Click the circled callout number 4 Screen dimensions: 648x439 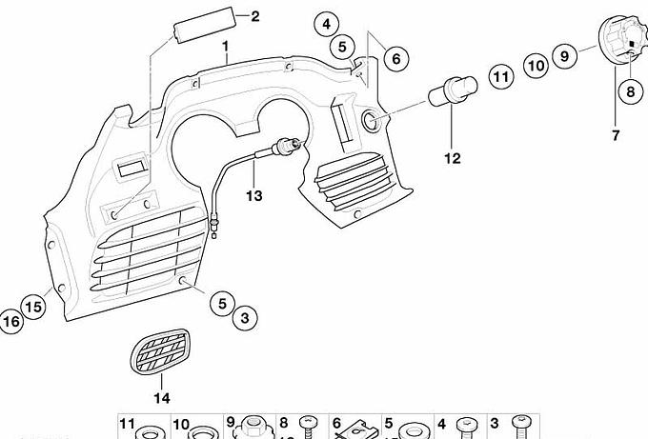(x=327, y=25)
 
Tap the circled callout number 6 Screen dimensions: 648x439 (x=395, y=58)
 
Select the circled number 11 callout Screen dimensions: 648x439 (x=501, y=77)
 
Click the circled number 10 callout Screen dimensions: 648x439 (x=537, y=66)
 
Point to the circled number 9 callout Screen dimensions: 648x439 (x=565, y=55)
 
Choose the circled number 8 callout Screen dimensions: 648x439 (x=631, y=91)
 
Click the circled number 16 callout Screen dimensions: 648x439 (x=11, y=321)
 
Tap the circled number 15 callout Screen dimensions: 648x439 (x=34, y=307)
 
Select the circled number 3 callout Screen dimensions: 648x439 (x=245, y=318)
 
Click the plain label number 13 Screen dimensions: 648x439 (x=254, y=195)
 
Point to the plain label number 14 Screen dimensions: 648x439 (x=162, y=398)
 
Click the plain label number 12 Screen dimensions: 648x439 (x=453, y=158)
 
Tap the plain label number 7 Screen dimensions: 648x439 (x=616, y=135)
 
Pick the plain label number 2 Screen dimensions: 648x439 (x=255, y=16)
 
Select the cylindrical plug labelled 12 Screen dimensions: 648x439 (x=453, y=90)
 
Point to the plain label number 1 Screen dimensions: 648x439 (x=226, y=47)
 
